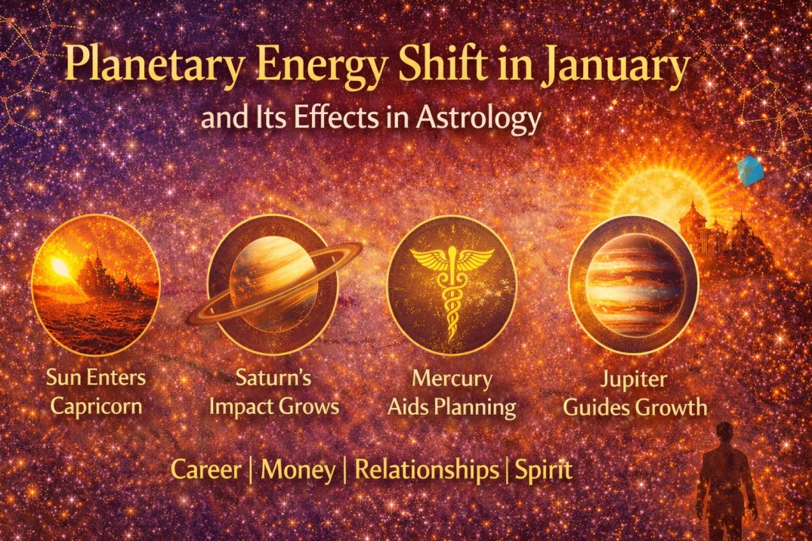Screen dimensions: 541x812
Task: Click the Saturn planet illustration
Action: click(273, 283)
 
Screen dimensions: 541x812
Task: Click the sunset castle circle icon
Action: click(95, 283)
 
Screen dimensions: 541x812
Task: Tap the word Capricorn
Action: click(95, 407)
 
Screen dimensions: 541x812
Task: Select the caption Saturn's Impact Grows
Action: click(273, 392)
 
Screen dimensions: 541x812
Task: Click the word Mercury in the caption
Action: click(452, 378)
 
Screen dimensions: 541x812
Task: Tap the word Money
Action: click(298, 470)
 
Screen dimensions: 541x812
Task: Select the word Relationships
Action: click(427, 470)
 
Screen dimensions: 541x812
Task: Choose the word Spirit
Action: click(544, 470)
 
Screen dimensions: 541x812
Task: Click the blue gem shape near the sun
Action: click(749, 171)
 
